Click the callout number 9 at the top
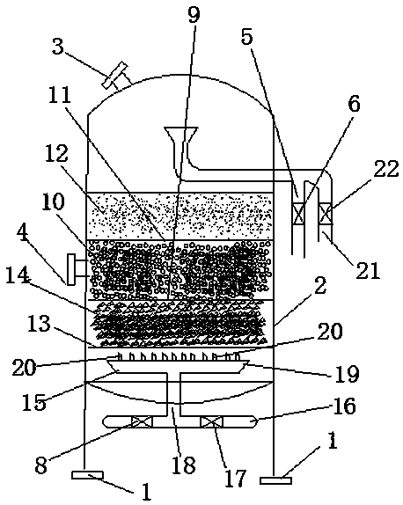point(194,15)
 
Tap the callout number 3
point(58,47)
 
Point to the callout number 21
point(368,270)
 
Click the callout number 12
point(56,153)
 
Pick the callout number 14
point(18,277)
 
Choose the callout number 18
point(184,465)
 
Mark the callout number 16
point(344,406)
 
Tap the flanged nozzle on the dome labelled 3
point(115,76)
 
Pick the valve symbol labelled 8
point(142,422)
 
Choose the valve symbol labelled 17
point(211,422)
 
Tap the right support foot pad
point(275,480)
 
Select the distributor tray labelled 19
point(178,366)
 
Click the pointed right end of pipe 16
point(258,421)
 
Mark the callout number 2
point(320,286)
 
